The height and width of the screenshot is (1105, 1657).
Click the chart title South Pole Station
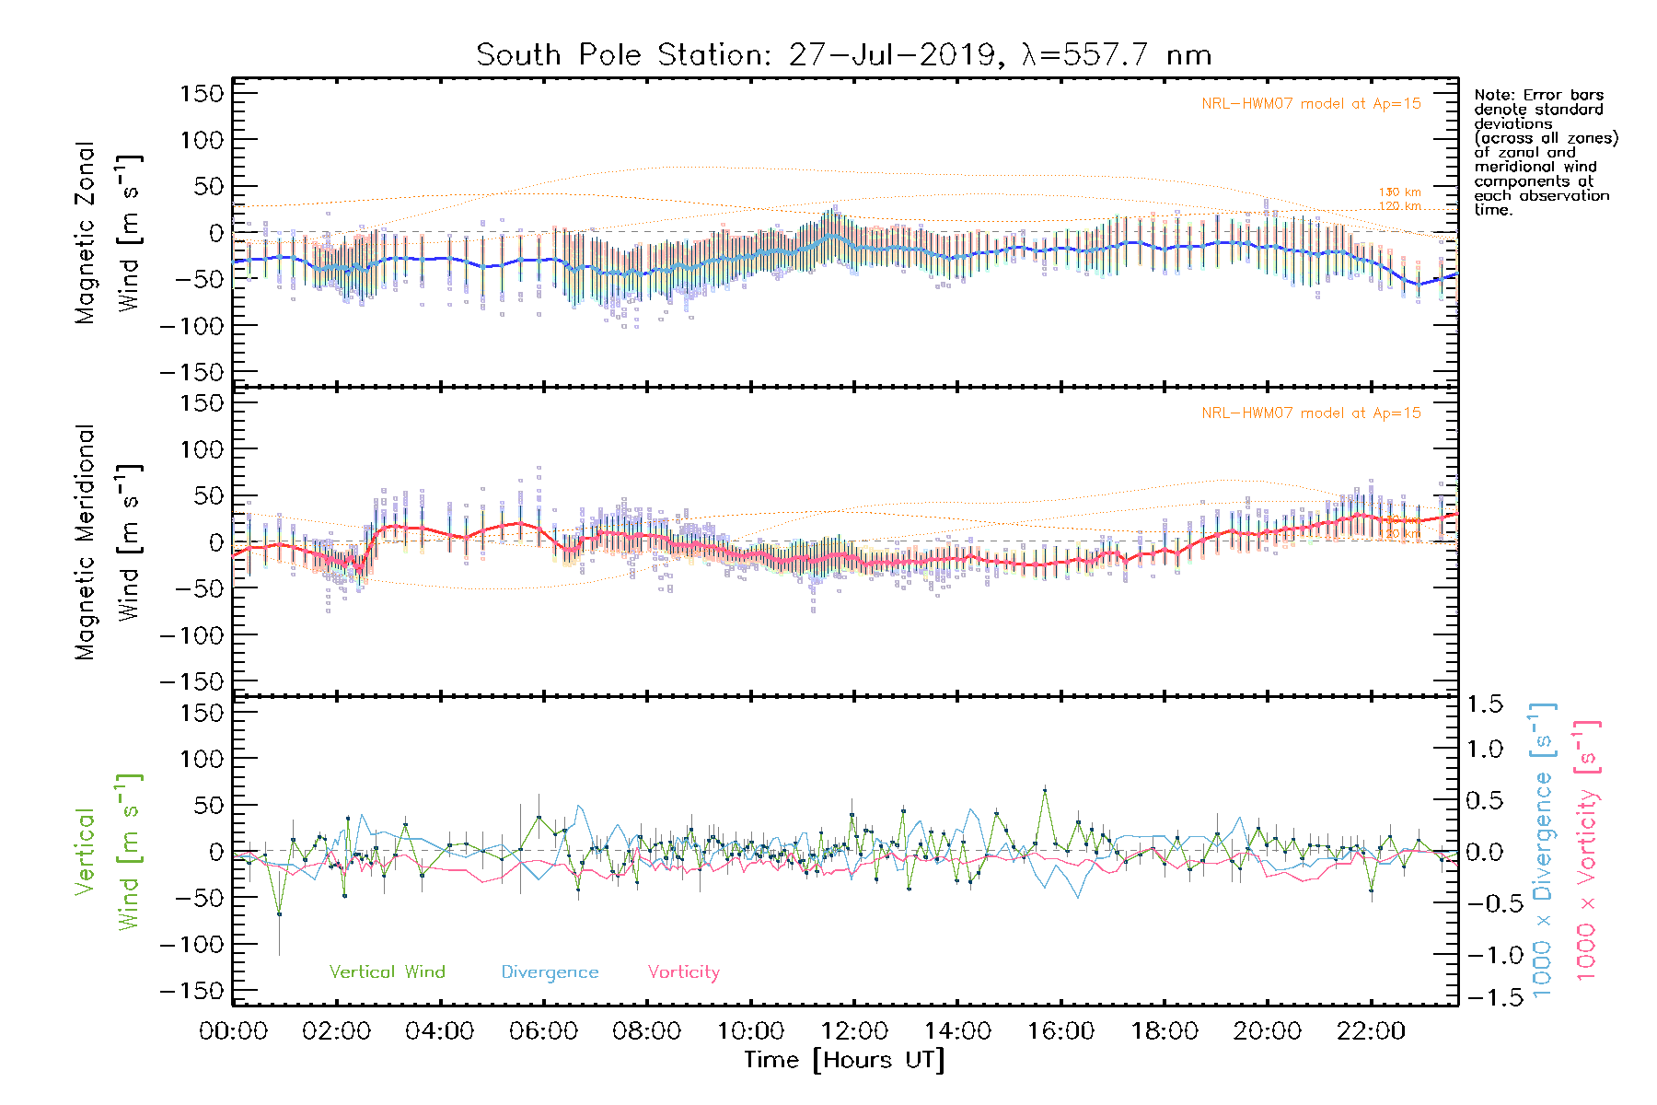843,55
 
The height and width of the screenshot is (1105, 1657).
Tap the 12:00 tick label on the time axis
854,1030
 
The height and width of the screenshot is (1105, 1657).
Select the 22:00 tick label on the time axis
1371,1030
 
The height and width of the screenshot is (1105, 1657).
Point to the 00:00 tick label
234,1030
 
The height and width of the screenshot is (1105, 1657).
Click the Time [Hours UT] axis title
844,1060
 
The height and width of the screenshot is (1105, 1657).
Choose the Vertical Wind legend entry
387,971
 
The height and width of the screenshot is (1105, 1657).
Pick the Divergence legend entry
550,971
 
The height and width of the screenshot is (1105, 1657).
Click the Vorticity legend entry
683,971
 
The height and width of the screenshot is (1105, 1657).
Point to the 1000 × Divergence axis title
1542,850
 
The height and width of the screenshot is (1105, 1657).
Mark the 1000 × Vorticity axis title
1586,850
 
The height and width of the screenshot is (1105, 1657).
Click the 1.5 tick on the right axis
1484,704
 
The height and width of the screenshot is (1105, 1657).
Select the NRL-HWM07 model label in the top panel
1311,103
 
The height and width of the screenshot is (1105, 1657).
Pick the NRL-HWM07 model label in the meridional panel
1311,413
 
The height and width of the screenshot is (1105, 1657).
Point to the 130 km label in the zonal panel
1399,192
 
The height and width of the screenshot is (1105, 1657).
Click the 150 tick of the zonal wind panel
203,93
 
